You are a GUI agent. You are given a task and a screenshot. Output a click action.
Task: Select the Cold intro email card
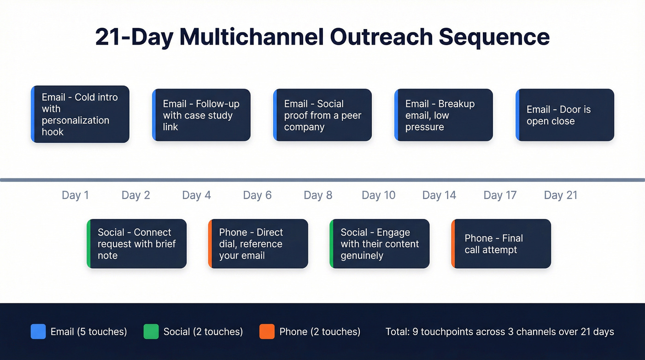(80, 114)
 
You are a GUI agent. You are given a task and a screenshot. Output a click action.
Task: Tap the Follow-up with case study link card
(201, 115)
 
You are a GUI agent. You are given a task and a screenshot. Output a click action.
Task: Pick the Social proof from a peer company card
(322, 115)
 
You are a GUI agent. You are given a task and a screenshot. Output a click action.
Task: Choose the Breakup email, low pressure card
(444, 115)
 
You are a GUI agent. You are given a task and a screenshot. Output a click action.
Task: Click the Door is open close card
(565, 115)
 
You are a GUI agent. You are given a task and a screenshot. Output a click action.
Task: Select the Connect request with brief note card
(137, 244)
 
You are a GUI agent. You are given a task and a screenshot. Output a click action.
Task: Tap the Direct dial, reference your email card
(258, 244)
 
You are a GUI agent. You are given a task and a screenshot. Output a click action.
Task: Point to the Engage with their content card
(380, 244)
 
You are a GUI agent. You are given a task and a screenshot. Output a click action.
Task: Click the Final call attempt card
(501, 244)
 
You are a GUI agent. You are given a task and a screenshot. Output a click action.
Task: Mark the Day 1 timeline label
(75, 195)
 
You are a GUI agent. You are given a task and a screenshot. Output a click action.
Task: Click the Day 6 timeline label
(257, 195)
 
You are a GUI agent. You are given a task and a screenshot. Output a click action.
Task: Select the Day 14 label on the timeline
(439, 195)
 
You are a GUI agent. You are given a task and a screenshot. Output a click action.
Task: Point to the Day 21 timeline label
(560, 195)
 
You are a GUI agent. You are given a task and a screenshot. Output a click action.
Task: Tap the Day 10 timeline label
(378, 195)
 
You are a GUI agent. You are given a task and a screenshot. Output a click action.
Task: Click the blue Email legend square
(38, 331)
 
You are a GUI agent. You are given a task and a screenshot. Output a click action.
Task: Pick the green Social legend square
(151, 331)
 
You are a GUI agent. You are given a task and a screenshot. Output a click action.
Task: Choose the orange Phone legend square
(267, 331)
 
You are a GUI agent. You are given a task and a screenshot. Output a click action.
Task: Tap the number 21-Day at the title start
(134, 37)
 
